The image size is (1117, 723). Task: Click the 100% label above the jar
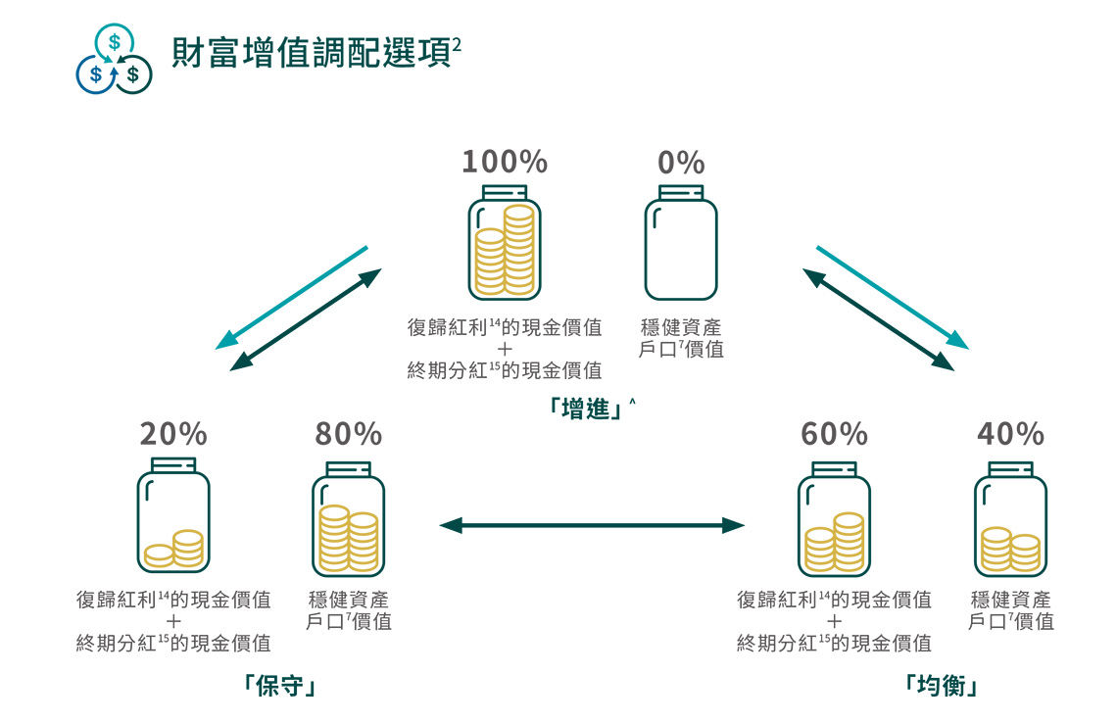pos(505,162)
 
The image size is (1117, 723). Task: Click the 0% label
pos(681,163)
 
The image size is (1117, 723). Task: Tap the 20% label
pos(173,433)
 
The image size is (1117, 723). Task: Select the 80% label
pos(348,433)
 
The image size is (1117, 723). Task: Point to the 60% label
pos(834,433)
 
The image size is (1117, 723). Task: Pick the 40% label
pos(1010,433)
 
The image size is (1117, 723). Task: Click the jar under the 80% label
pos(348,519)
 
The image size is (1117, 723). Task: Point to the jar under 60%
pos(834,519)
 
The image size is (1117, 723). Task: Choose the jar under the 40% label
pos(1010,519)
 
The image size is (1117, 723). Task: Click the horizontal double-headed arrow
pos(592,526)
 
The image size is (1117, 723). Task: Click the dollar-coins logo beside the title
pos(115,61)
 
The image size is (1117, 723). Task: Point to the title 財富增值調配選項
pos(304,54)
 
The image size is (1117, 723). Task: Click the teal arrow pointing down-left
pos(292,298)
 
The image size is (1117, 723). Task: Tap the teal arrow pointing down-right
pos(892,298)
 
